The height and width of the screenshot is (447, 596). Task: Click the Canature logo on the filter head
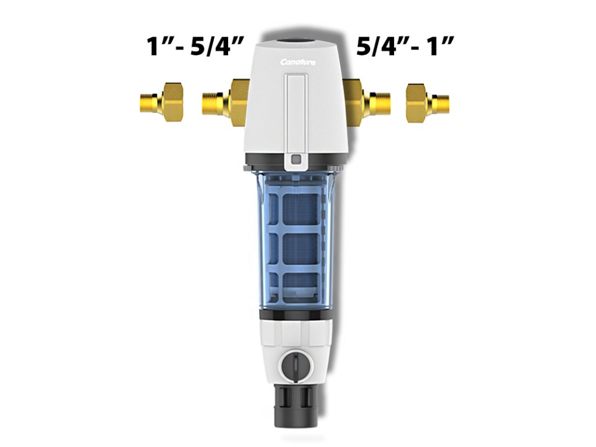pos(297,62)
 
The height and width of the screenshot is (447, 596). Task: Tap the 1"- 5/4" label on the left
pos(194,47)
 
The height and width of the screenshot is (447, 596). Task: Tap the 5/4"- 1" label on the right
pos(405,47)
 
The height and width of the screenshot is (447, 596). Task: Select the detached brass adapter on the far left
pos(162,102)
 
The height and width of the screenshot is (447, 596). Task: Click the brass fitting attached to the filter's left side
pos(225,103)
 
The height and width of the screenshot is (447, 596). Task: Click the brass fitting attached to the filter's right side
pos(367,103)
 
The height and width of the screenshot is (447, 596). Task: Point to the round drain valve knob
pos(296,367)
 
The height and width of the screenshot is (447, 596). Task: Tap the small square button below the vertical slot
pos(296,158)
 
